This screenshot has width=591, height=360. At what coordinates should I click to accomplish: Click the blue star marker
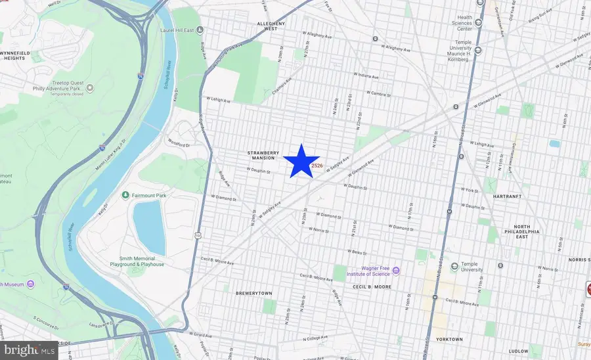coord(301,161)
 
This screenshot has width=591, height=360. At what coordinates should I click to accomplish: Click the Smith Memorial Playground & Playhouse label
coord(141,261)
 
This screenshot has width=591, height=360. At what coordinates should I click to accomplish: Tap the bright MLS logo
coord(29,351)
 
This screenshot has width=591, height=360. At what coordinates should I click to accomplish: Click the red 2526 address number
coord(317,166)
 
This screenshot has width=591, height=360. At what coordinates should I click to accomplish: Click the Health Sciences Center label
coord(464,23)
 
